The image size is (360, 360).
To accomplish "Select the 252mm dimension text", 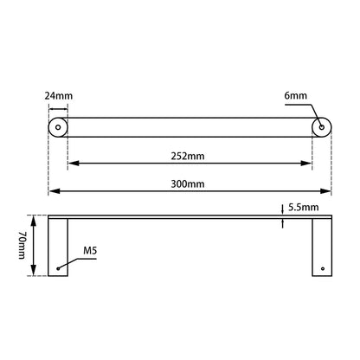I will (190, 157).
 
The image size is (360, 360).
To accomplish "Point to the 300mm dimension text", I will (190, 183).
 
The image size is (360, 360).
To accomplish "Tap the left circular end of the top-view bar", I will (58, 127).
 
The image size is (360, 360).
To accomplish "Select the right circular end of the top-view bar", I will (322, 127).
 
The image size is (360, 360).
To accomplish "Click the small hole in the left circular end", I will (58, 127).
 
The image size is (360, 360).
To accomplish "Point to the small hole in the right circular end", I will (322, 127).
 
